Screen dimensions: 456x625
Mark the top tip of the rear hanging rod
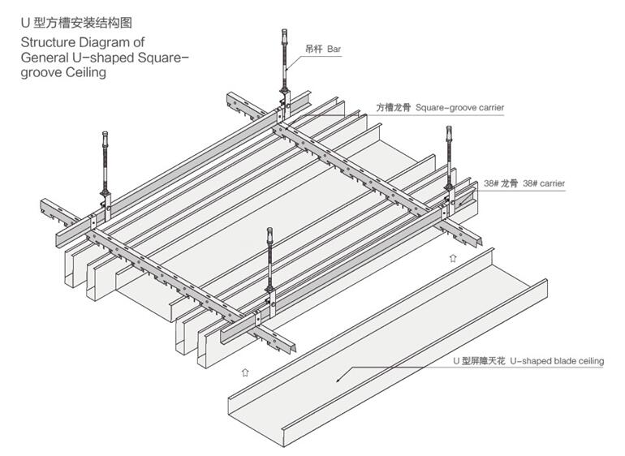click(x=284, y=32)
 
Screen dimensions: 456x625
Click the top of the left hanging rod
click(x=106, y=134)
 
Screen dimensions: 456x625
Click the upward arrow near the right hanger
click(x=452, y=258)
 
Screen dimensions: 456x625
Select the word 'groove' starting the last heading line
click(x=41, y=72)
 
